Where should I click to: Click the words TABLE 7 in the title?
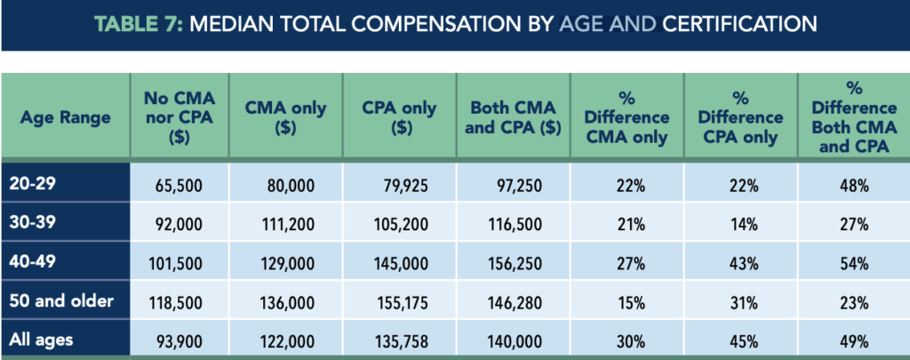[x=136, y=23]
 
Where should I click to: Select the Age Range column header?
[x=65, y=117]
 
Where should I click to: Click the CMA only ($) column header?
[x=285, y=117]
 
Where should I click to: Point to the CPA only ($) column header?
[x=401, y=117]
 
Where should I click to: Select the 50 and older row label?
[x=63, y=300]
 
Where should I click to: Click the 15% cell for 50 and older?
[x=628, y=301]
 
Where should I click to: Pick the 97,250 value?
[x=516, y=187]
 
